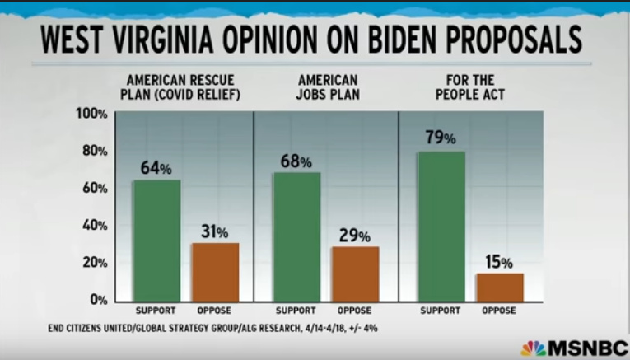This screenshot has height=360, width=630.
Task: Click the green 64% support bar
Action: click(x=156, y=240)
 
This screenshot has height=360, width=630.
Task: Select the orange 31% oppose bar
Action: click(x=216, y=271)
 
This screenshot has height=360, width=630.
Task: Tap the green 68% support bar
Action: click(x=296, y=236)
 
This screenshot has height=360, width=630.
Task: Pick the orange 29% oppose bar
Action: click(x=356, y=274)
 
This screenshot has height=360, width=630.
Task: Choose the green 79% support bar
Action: click(x=441, y=226)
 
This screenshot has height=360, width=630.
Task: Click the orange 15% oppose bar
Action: click(x=499, y=287)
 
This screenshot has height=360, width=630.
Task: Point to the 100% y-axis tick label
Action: click(x=91, y=114)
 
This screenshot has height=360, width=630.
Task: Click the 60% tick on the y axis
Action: click(x=95, y=189)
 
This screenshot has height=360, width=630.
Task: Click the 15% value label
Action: click(x=499, y=263)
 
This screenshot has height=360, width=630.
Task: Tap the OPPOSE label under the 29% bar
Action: click(x=356, y=311)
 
